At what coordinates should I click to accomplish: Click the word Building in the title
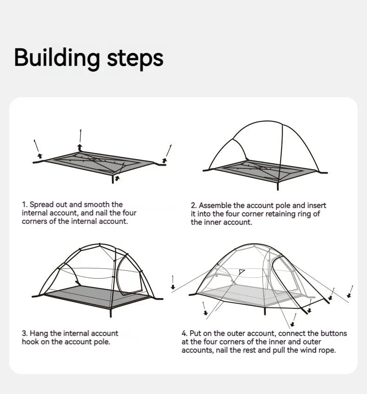[x=57, y=58]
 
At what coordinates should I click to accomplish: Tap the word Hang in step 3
[x=38, y=333]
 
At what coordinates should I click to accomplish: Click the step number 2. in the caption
[x=194, y=205]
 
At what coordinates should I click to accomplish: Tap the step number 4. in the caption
[x=184, y=333]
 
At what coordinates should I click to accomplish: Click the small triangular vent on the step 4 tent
[x=242, y=271]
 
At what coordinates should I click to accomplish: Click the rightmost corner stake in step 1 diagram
[x=164, y=161]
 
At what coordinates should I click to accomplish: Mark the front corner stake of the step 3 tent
[x=111, y=313]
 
